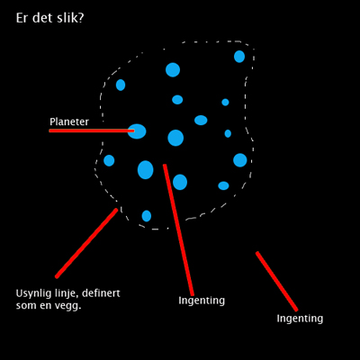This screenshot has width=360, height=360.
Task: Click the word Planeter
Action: (69, 121)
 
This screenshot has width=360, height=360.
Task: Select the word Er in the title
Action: (22, 18)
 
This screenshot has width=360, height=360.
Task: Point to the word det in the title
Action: (38, 18)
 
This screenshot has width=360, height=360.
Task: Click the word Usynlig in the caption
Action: (31, 293)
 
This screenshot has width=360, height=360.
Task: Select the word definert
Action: (101, 292)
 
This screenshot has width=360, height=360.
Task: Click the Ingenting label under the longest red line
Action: (202, 301)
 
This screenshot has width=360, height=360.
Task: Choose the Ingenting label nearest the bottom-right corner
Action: (300, 319)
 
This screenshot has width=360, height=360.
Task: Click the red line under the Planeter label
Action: (92, 130)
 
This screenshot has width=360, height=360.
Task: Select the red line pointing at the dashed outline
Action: (86, 243)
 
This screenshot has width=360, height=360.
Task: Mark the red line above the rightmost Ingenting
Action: (276, 282)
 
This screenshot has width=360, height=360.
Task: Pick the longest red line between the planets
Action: (178, 229)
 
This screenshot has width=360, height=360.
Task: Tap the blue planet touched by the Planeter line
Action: (137, 131)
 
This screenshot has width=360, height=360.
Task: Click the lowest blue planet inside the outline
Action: (147, 216)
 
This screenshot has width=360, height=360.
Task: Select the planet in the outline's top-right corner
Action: (239, 57)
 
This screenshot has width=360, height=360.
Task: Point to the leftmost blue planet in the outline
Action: (109, 160)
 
